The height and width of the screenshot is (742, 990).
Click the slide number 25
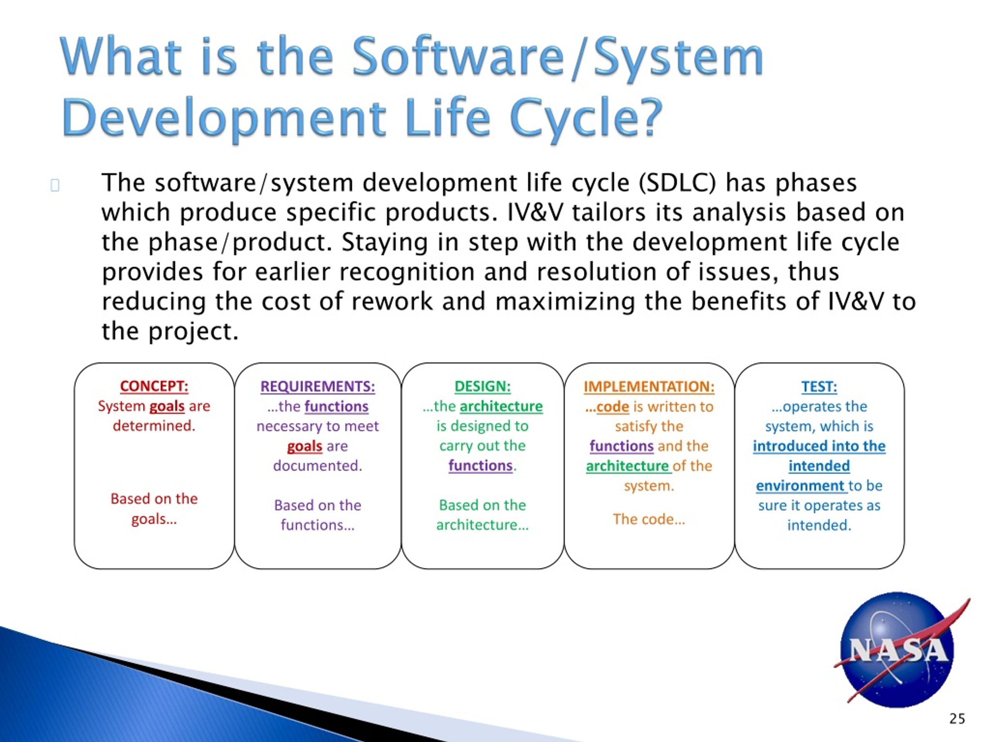tap(957, 719)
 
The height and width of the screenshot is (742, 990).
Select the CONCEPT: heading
tap(154, 386)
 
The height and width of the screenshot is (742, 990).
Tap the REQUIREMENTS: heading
tap(318, 386)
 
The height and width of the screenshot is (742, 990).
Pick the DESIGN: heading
tap(483, 386)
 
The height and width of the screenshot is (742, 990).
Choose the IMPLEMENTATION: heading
tap(649, 386)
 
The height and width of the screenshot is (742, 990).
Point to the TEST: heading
tap(819, 386)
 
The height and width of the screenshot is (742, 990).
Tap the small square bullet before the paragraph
tap(55, 185)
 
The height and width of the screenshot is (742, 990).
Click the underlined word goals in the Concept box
tap(167, 406)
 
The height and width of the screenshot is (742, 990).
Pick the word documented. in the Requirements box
tap(318, 466)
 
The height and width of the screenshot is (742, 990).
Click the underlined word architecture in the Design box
tap(501, 406)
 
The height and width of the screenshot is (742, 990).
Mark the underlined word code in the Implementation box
tap(612, 407)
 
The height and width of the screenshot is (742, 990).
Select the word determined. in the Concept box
tap(154, 426)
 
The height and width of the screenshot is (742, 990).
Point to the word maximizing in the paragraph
tap(565, 302)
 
